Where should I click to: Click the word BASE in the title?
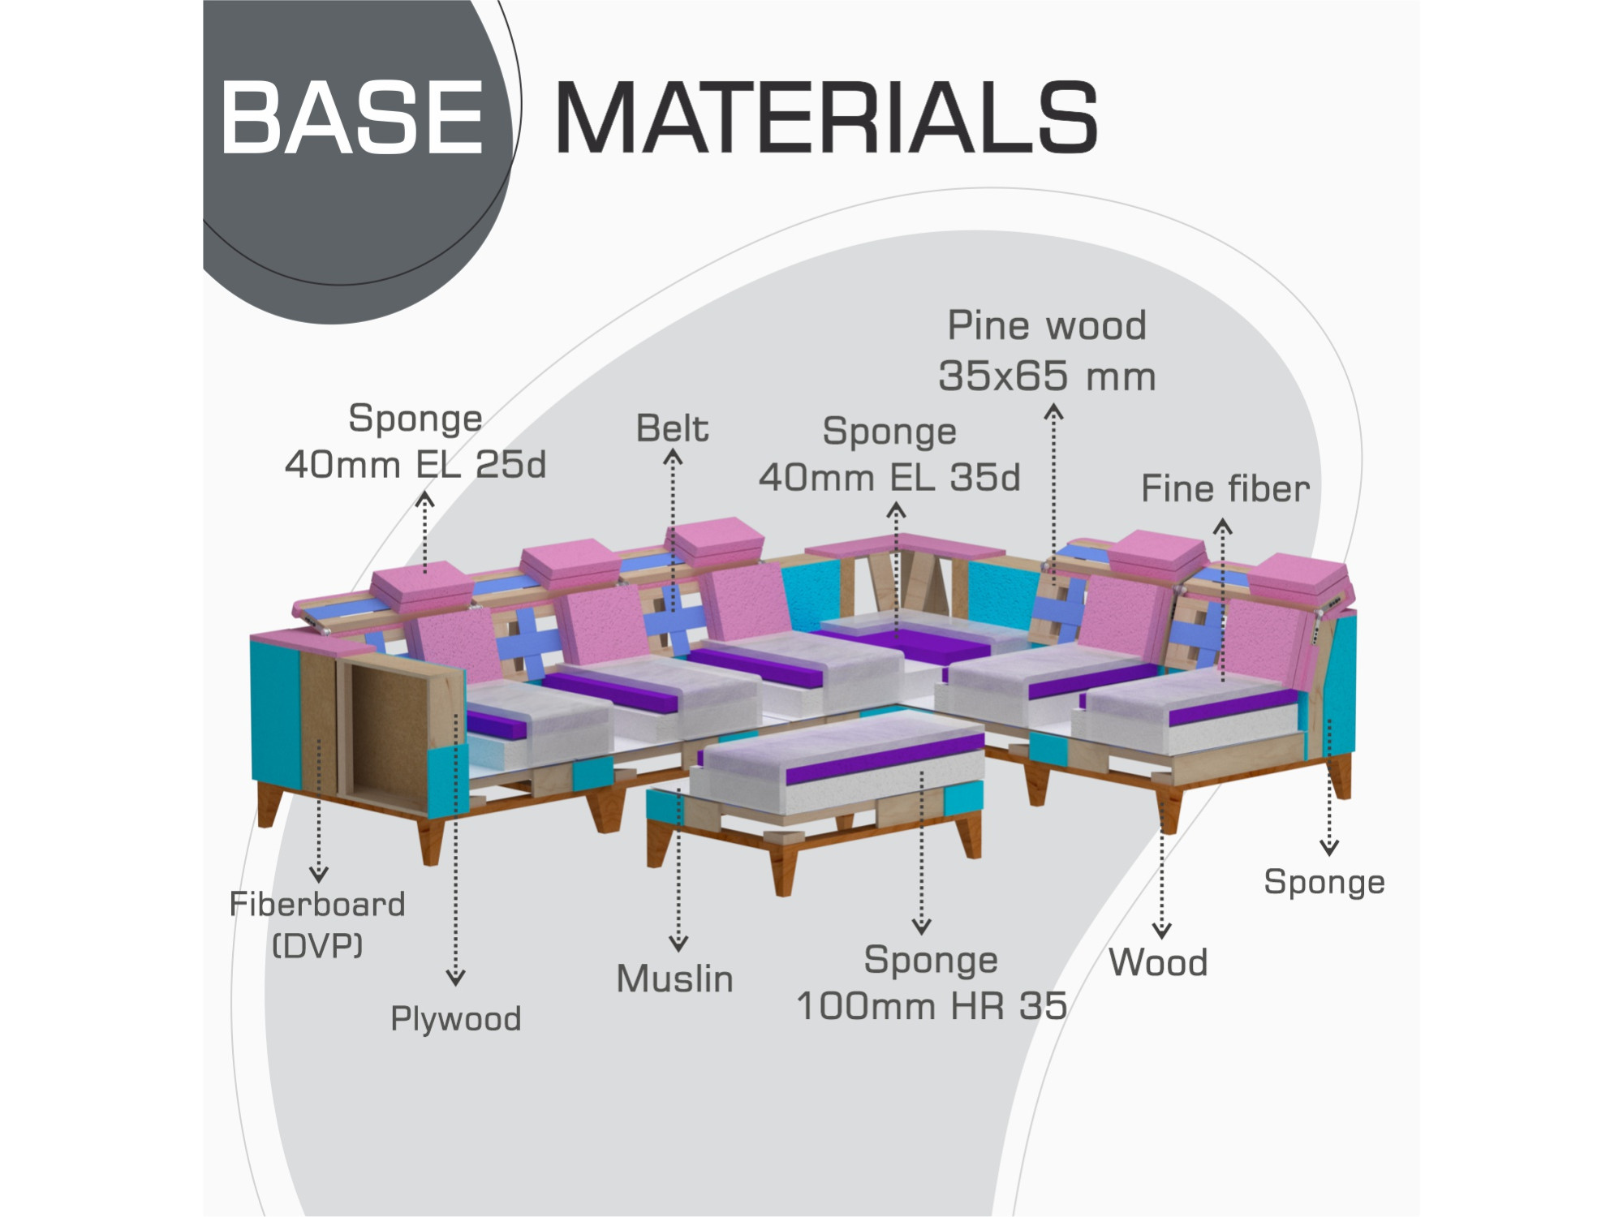pos(352,117)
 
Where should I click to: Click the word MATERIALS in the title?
pos(826,117)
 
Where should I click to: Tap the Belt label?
pos(672,428)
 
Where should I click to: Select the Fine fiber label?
pos(1225,488)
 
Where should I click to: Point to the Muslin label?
pos(674,978)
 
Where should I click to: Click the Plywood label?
pos(456,1019)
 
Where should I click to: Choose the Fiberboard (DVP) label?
pos(317,924)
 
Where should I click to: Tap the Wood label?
pos(1158,962)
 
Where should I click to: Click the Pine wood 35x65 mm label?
pos(1047,350)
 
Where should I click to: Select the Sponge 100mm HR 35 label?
pos(932,983)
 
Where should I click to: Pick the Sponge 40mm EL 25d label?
pos(415,441)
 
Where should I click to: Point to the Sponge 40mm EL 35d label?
pos(889,454)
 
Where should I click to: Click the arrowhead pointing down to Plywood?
pos(456,978)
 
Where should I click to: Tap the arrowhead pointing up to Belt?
pos(673,458)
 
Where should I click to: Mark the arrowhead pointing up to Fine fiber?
pos(1223,528)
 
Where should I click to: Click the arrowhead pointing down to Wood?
pos(1162,931)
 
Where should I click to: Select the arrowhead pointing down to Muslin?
pos(678,944)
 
